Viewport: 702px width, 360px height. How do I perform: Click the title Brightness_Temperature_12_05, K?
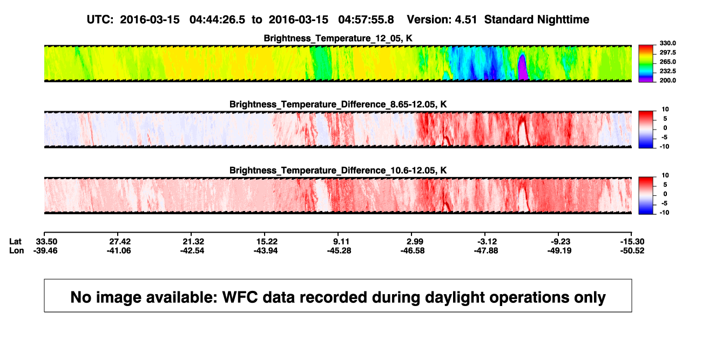[338, 38]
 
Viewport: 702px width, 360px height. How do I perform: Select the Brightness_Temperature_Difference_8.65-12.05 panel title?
[338, 104]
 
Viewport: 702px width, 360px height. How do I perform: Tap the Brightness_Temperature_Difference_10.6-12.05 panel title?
[338, 171]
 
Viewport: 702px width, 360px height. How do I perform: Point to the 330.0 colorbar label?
[667, 43]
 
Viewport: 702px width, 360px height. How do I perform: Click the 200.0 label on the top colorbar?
[667, 80]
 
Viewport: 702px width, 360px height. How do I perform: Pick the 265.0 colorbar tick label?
[667, 62]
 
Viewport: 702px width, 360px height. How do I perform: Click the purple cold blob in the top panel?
[522, 67]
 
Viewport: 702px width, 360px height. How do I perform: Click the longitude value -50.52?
[632, 250]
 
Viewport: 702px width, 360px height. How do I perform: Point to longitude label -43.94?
[266, 250]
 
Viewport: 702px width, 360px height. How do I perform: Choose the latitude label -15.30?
[632, 242]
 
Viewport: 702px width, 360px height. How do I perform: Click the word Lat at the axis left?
[15, 242]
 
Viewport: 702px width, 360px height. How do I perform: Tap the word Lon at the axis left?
[17, 250]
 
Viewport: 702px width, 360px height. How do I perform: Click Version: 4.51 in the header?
[442, 20]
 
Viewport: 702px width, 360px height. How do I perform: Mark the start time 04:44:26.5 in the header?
[217, 20]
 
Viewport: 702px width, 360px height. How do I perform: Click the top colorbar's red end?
[646, 47]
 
